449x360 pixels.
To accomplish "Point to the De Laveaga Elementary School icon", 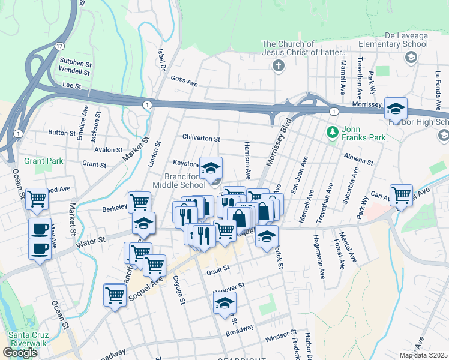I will pos(411,58).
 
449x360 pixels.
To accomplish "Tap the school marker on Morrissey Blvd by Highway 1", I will pos(396,109).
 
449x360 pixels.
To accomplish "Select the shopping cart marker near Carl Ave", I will pos(401,194).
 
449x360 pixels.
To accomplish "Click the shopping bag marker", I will pos(239,218).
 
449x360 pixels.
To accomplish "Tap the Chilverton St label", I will pos(201,139).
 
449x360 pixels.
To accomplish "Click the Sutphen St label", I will pos(75,62).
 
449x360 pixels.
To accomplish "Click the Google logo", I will pos(20,352).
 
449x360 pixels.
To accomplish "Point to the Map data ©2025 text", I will pos(423,355).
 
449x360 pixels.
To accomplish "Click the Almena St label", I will pos(358,162).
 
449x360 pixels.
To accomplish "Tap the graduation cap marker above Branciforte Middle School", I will pos(211,168).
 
